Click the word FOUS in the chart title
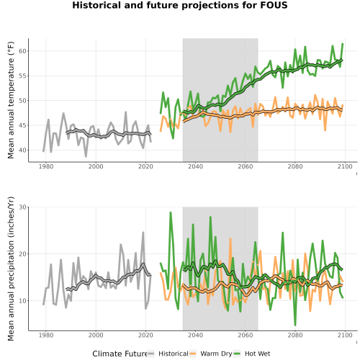point(274,5)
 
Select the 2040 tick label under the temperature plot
point(195,166)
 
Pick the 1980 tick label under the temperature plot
point(46,166)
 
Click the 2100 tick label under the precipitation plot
point(345,335)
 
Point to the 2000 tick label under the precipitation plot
point(96,335)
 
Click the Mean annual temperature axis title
point(11,100)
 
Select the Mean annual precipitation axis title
point(11,269)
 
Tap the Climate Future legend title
point(120,354)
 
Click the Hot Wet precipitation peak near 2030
point(171,212)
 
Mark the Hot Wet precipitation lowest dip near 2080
point(295,325)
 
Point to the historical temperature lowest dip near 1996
point(86,156)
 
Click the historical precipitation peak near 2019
point(143,233)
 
